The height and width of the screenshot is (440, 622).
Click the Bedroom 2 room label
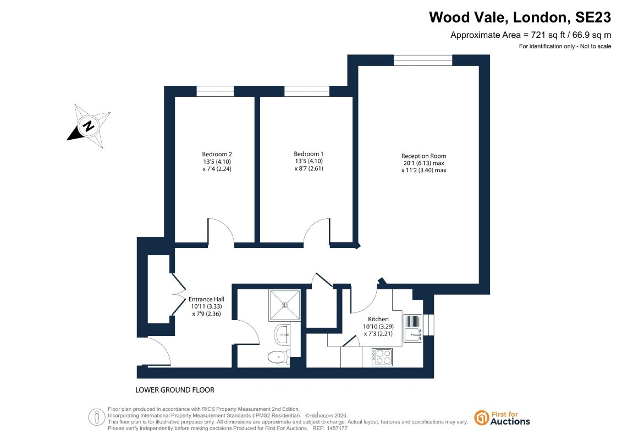(x=217, y=155)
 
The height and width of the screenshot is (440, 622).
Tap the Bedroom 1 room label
(x=309, y=154)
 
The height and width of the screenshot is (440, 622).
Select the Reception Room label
(x=423, y=156)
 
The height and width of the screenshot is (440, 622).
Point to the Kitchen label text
(x=378, y=319)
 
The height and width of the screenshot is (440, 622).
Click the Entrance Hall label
(x=206, y=299)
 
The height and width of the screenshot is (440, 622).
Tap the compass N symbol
(x=89, y=126)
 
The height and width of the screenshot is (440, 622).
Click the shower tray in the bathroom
(x=285, y=305)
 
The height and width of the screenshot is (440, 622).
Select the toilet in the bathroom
(x=279, y=357)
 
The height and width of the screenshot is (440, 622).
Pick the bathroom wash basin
(x=283, y=334)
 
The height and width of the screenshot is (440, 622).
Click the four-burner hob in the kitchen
(x=382, y=357)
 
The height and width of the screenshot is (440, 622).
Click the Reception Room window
(x=423, y=61)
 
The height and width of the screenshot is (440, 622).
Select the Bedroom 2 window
(x=215, y=91)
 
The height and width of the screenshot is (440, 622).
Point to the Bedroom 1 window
(x=307, y=91)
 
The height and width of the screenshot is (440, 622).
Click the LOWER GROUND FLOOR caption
(x=175, y=390)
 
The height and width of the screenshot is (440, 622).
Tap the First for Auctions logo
(x=502, y=418)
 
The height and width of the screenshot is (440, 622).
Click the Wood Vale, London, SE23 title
(x=520, y=18)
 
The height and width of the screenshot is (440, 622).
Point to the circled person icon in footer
(x=97, y=417)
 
